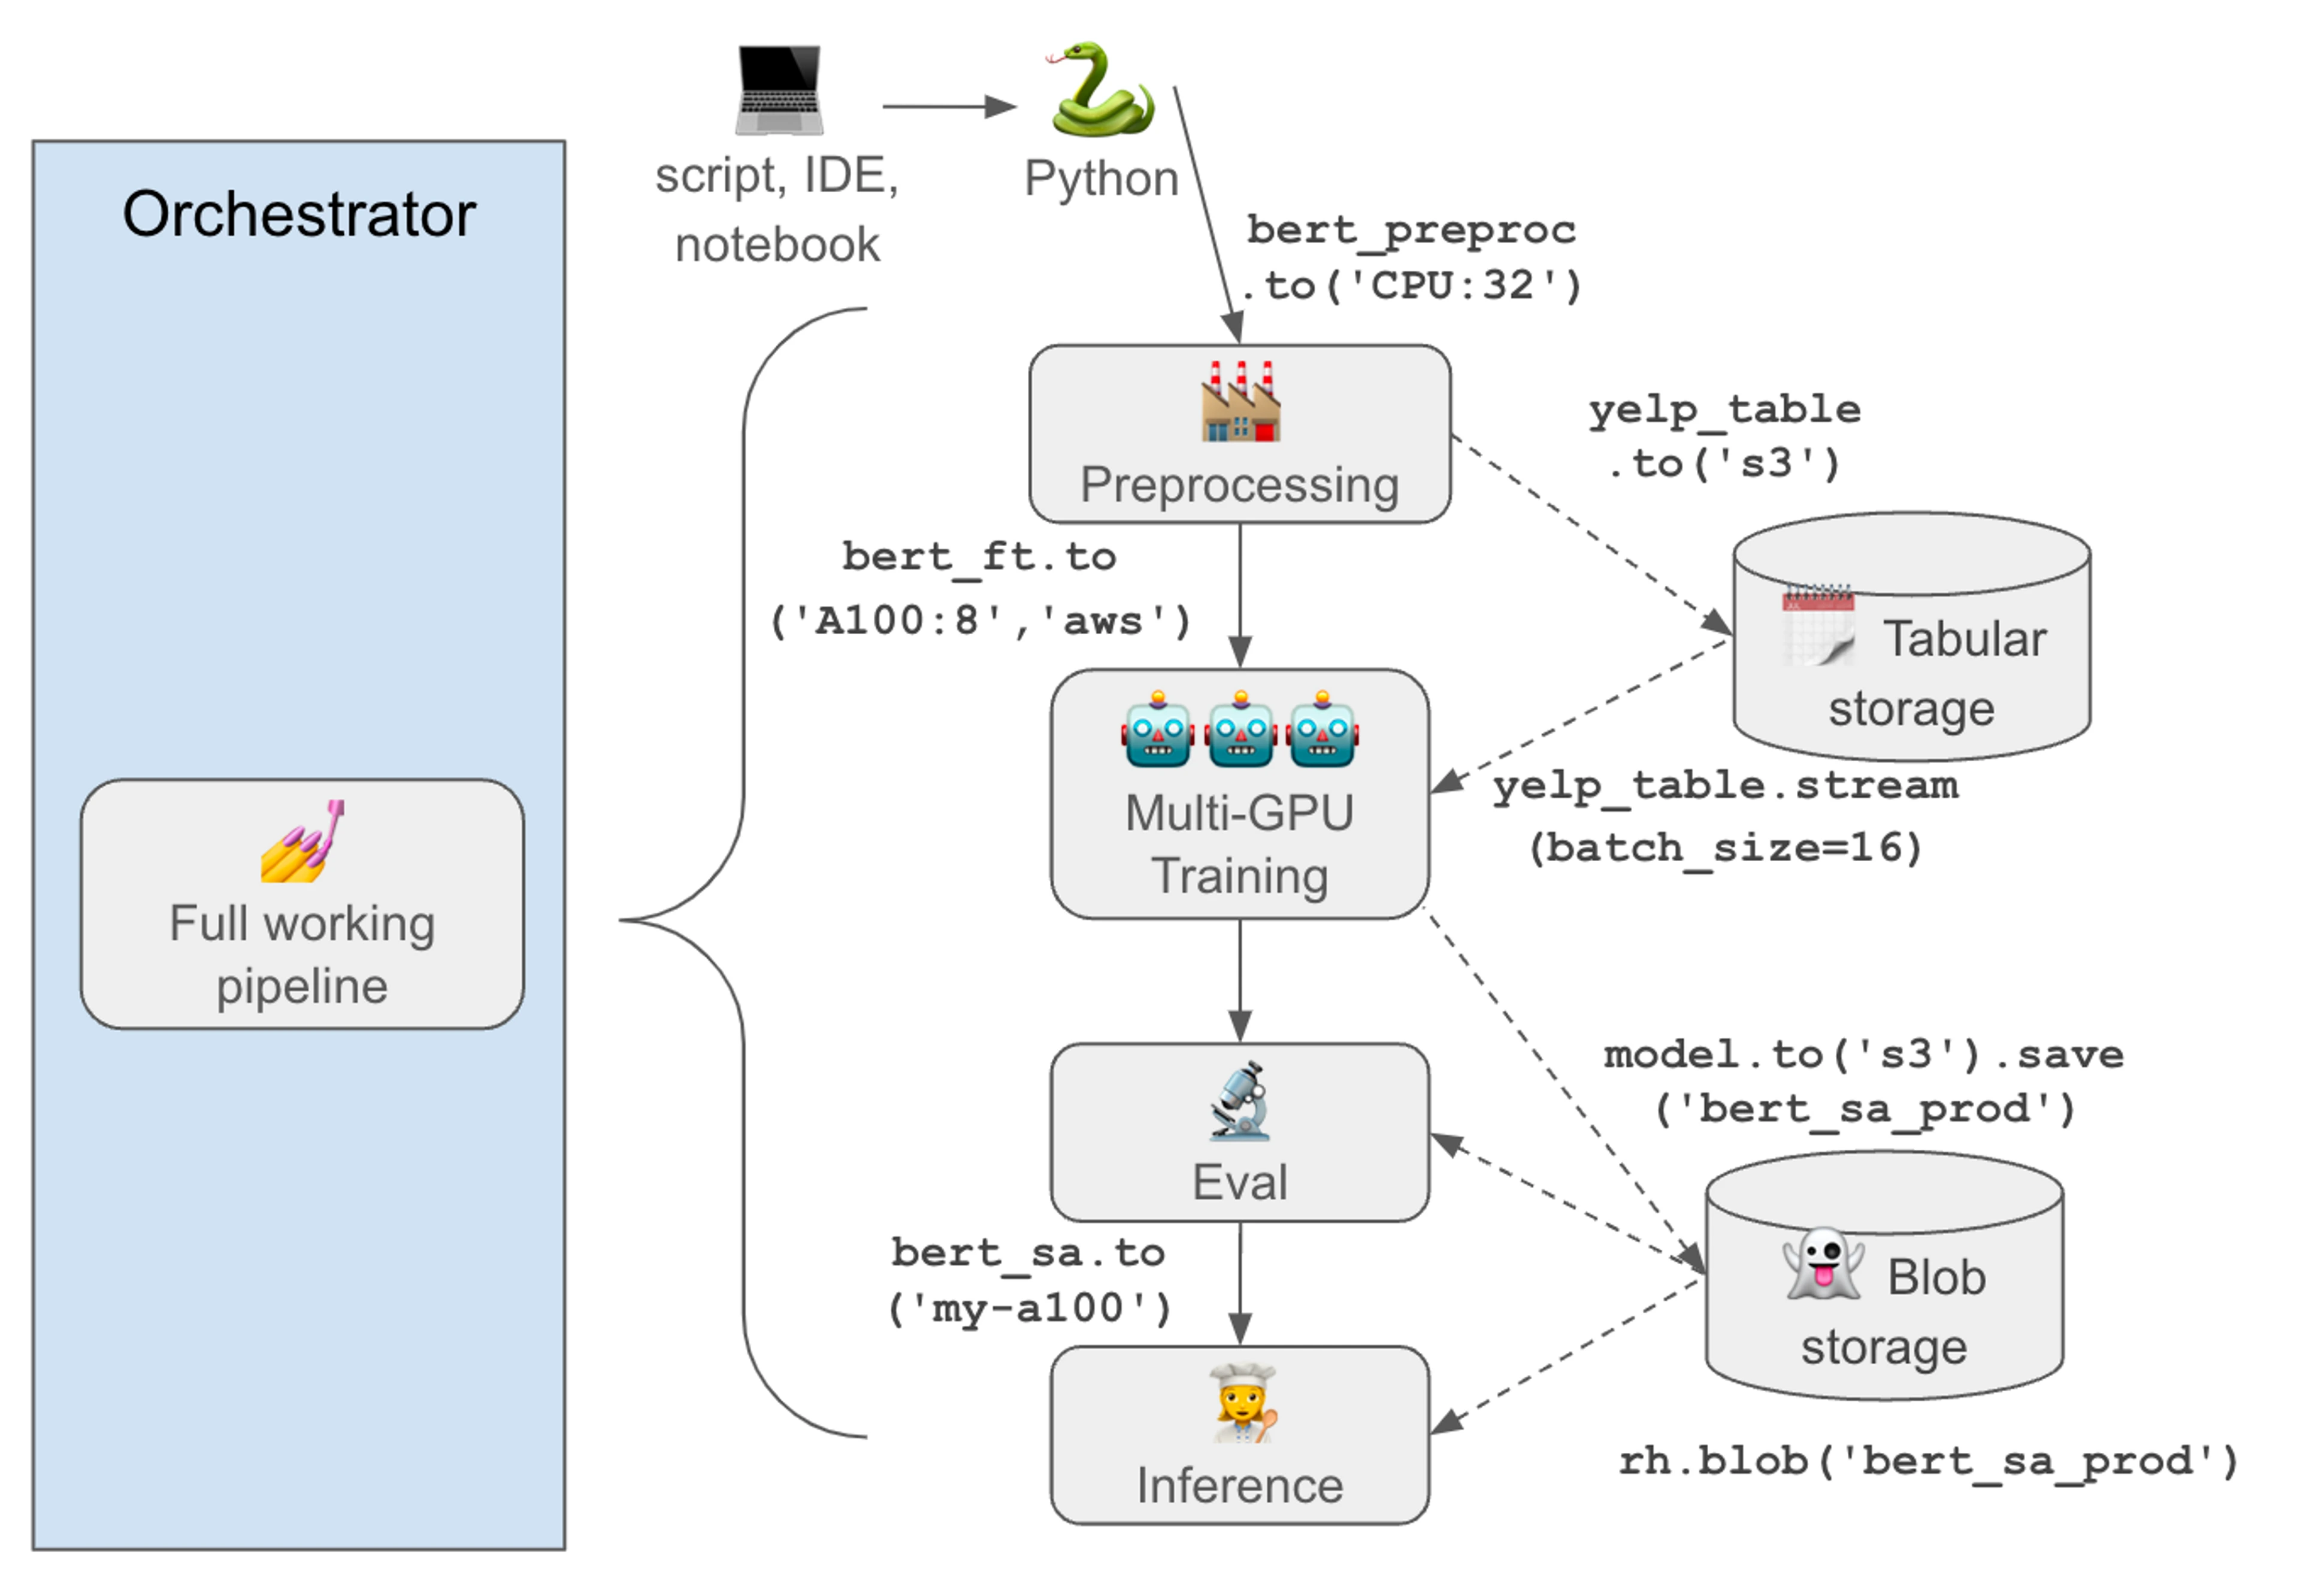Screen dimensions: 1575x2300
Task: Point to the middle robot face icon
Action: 1240,730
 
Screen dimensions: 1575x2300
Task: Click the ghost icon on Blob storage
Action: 1821,1264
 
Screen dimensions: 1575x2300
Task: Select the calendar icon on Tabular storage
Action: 1817,625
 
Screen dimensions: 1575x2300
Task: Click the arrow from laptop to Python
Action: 948,106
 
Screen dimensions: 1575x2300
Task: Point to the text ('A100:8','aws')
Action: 980,621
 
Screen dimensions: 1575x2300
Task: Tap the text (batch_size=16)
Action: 1724,848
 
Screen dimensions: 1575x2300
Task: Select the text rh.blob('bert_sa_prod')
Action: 1927,1461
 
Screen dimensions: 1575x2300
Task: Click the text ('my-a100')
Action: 1029,1309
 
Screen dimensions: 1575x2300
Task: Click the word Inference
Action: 1239,1485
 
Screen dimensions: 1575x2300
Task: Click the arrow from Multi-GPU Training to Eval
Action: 1240,979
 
